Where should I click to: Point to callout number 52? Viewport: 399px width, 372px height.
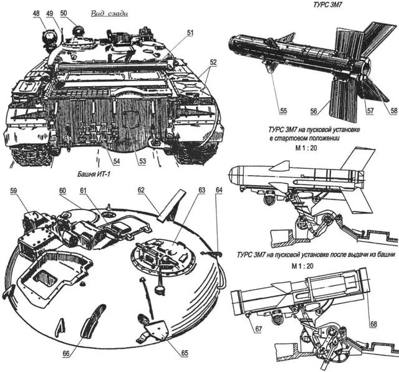coord(214,63)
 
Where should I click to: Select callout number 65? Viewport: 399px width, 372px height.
coord(185,353)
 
